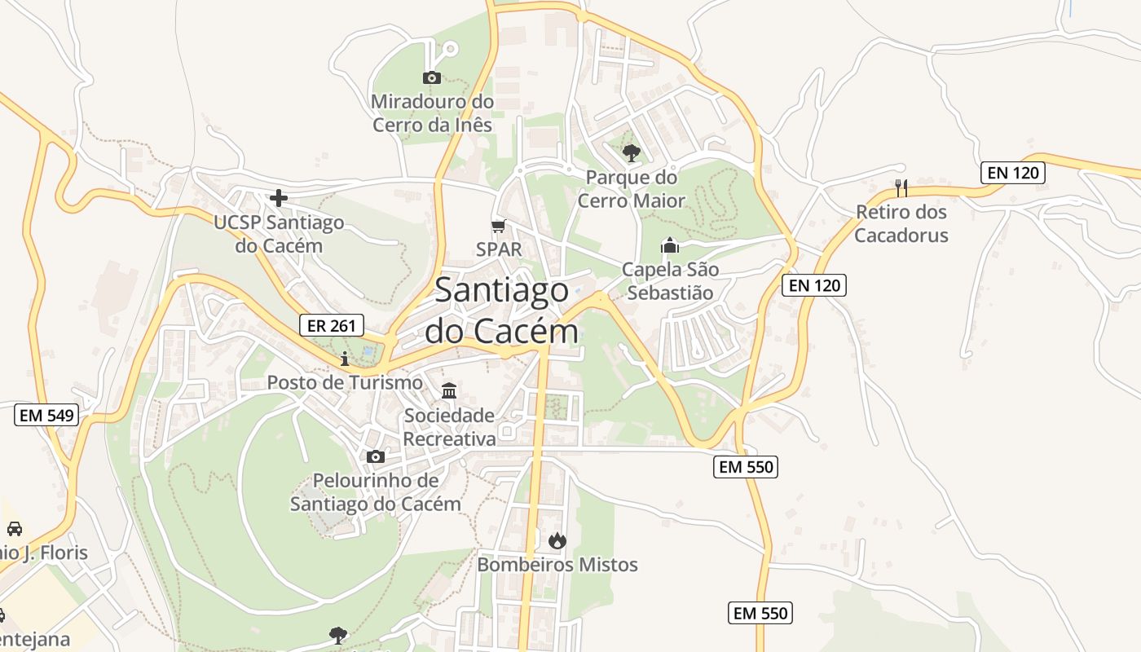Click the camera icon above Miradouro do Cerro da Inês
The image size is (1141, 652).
pyautogui.click(x=432, y=78)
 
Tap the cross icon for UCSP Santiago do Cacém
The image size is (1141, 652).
pyautogui.click(x=279, y=198)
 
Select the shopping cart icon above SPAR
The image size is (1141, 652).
pyautogui.click(x=498, y=226)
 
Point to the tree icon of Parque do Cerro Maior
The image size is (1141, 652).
pyautogui.click(x=631, y=152)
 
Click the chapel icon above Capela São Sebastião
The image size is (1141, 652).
pyautogui.click(x=670, y=244)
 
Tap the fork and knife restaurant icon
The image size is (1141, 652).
pyautogui.click(x=901, y=188)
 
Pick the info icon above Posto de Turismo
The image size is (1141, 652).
pyautogui.click(x=345, y=359)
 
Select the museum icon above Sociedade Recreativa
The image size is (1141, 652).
pyautogui.click(x=449, y=390)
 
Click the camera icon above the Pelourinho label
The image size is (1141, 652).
pyautogui.click(x=376, y=456)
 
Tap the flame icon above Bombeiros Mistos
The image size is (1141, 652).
pyautogui.click(x=557, y=540)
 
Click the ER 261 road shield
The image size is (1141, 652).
pyautogui.click(x=331, y=326)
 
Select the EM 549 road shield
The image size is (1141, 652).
pyautogui.click(x=46, y=415)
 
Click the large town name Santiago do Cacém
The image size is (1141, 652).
pyautogui.click(x=502, y=311)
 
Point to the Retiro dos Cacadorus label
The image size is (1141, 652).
pyautogui.click(x=901, y=223)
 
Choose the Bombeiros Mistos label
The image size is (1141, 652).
pyautogui.click(x=557, y=565)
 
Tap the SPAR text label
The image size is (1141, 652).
pyautogui.click(x=499, y=249)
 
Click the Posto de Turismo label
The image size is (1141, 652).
pyautogui.click(x=346, y=382)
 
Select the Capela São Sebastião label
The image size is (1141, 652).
pyautogui.click(x=670, y=281)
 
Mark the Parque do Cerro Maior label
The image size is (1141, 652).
pyautogui.click(x=632, y=189)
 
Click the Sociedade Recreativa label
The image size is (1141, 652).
pyautogui.click(x=450, y=427)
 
